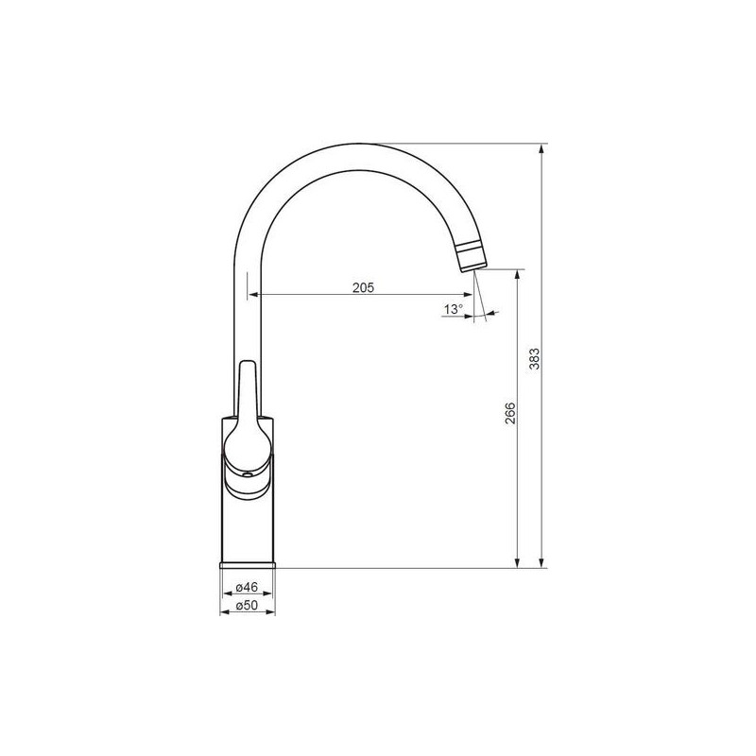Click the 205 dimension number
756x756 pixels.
[363, 288]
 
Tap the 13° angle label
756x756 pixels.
[454, 309]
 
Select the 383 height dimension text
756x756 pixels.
[535, 359]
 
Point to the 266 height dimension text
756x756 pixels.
[510, 413]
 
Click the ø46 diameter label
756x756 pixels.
[248, 587]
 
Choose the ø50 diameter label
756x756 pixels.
[248, 605]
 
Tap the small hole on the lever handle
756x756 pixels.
[248, 475]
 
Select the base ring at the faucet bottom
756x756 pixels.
[248, 565]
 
